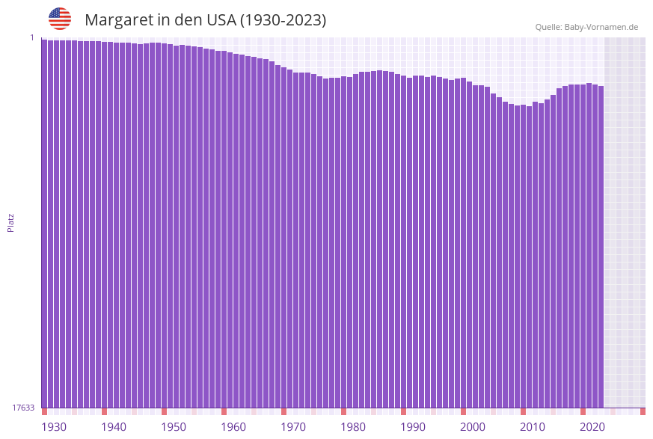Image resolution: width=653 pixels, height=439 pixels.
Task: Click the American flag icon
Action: click(60, 19)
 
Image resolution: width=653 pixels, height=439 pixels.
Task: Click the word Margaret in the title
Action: click(117, 20)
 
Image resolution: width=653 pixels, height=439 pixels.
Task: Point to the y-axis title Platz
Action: click(11, 223)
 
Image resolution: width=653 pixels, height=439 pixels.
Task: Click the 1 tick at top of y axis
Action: click(32, 37)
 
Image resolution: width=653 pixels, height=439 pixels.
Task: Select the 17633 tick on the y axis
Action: click(23, 408)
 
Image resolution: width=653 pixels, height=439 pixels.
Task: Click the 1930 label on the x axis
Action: click(53, 427)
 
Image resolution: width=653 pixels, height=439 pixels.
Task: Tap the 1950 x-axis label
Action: click(174, 427)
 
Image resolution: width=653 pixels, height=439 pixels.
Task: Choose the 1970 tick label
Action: click(293, 427)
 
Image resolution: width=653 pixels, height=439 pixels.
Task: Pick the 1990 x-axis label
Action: click(413, 427)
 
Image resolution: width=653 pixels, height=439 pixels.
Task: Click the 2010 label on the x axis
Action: click(533, 427)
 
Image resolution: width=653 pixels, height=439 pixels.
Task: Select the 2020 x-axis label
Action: click(592, 427)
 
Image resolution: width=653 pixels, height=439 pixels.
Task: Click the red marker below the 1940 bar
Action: click(104, 411)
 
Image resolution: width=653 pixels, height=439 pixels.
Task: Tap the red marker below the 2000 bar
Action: click(463, 411)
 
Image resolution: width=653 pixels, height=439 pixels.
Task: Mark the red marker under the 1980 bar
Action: click(343, 411)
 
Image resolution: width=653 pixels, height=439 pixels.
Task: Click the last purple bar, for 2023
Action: click(601, 247)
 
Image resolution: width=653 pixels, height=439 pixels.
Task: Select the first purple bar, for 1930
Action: click(44, 224)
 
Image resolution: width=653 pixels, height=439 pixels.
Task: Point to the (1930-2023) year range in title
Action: click(283, 20)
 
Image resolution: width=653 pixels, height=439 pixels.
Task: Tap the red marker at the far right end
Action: click(643, 411)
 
